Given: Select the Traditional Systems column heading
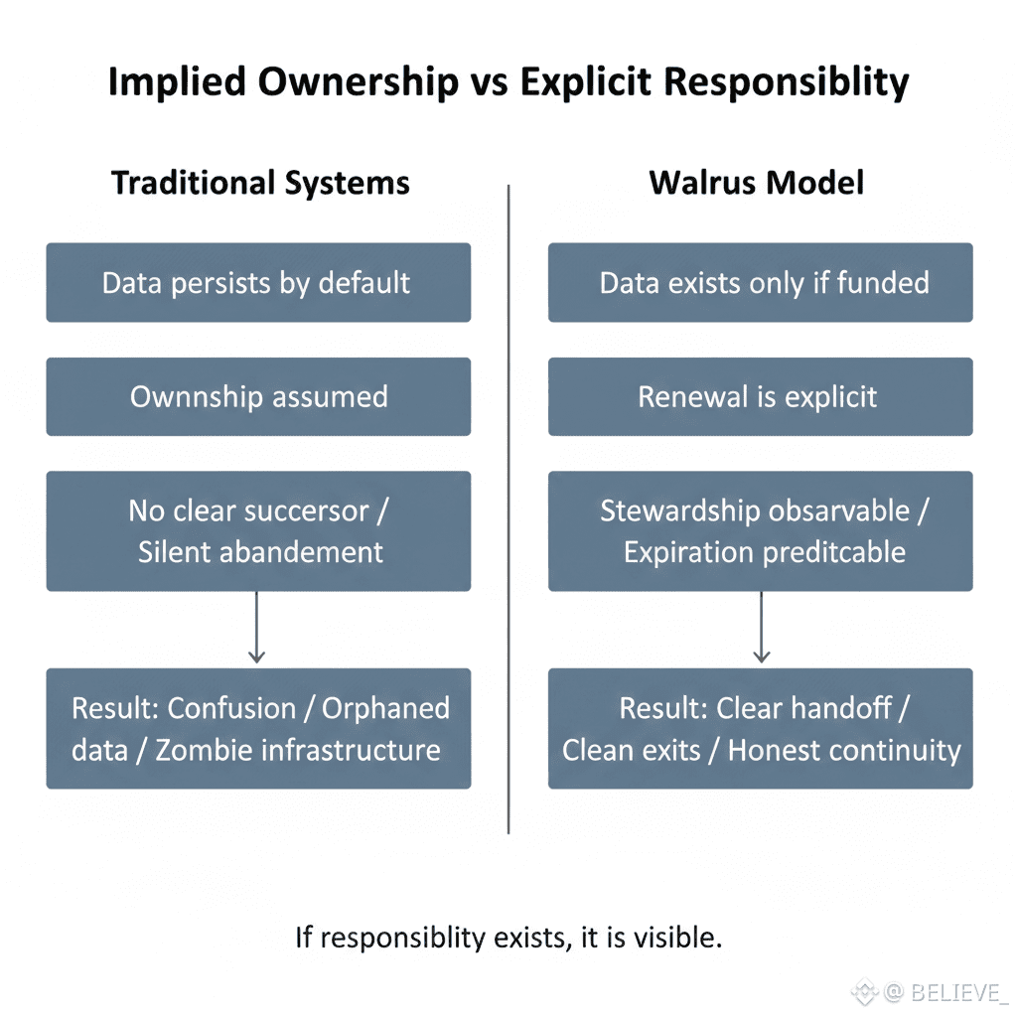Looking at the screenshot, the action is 260,184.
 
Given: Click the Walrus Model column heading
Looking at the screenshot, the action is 757,184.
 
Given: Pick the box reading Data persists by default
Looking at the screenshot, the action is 258,283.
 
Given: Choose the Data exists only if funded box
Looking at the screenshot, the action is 761,283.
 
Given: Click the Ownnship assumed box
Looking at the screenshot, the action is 258,397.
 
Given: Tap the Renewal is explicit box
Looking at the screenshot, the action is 761,397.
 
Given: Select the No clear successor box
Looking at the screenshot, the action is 258,531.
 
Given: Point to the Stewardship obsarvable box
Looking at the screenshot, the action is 761,531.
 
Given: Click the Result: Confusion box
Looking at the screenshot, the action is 258,728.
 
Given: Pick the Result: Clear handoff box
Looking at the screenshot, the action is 761,728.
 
